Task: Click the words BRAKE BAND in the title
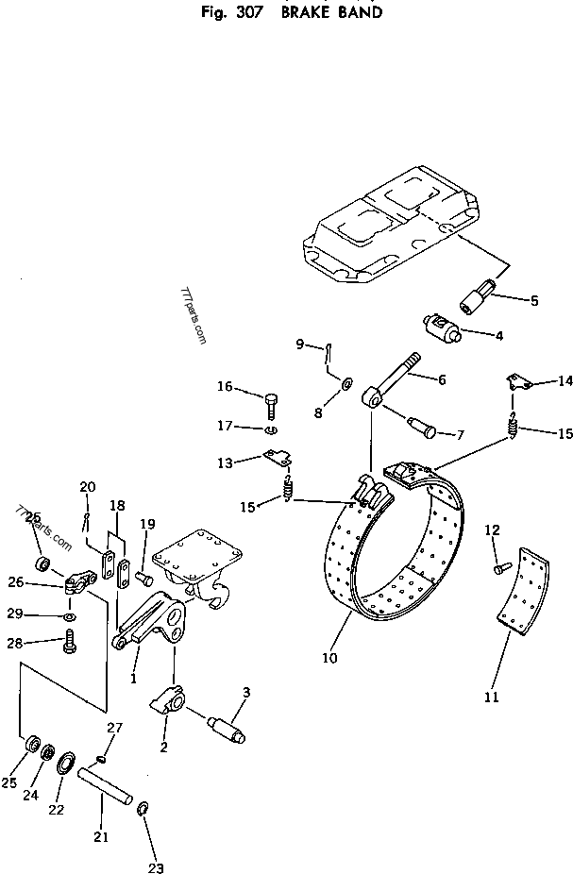click(x=331, y=13)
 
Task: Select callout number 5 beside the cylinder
click(x=534, y=301)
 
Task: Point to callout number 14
click(x=565, y=381)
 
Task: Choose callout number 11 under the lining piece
click(x=491, y=698)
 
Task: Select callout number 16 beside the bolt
click(x=225, y=386)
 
